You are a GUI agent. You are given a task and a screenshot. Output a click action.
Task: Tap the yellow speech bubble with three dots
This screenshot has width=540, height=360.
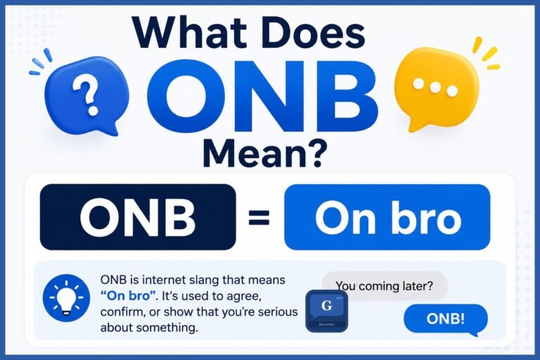pyautogui.click(x=436, y=89)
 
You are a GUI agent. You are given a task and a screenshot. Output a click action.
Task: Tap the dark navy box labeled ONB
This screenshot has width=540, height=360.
pyautogui.click(x=138, y=217)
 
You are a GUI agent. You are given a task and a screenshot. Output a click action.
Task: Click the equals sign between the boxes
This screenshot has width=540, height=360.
pyautogui.click(x=259, y=219)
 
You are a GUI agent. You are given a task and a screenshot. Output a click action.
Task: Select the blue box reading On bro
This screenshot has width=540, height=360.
pyautogui.click(x=387, y=217)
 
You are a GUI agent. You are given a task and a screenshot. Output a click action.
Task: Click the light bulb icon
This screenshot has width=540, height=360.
pyautogui.click(x=66, y=297)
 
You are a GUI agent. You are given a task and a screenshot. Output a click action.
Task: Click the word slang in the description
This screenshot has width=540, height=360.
pyautogui.click(x=201, y=280)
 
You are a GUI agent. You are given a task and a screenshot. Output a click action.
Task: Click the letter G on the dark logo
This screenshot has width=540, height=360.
pyautogui.click(x=326, y=305)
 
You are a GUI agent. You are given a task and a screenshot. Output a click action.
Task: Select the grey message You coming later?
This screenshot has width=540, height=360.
pyautogui.click(x=385, y=286)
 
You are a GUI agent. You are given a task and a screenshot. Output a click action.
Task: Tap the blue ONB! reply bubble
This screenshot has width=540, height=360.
pyautogui.click(x=446, y=319)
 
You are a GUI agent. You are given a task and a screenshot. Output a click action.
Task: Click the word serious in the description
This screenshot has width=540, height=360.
pyautogui.click(x=278, y=311)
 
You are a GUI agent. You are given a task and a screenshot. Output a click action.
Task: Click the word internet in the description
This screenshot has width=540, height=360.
pyautogui.click(x=160, y=280)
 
